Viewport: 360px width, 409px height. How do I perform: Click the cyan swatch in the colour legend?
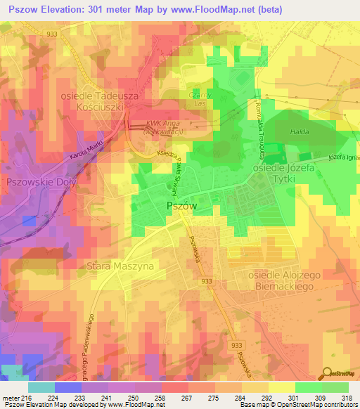point(41,387)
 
